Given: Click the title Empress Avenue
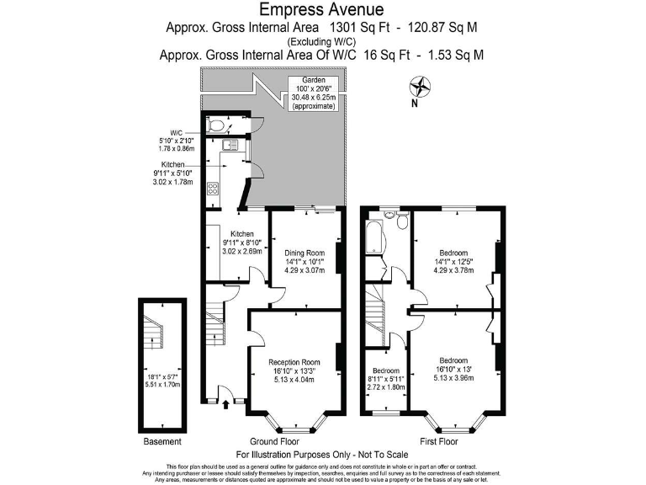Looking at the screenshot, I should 322,10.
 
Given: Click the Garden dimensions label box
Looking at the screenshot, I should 309,93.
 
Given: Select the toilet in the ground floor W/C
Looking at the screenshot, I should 218,126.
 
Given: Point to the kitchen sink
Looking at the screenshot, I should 230,152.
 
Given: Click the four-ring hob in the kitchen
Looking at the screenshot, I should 212,189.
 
